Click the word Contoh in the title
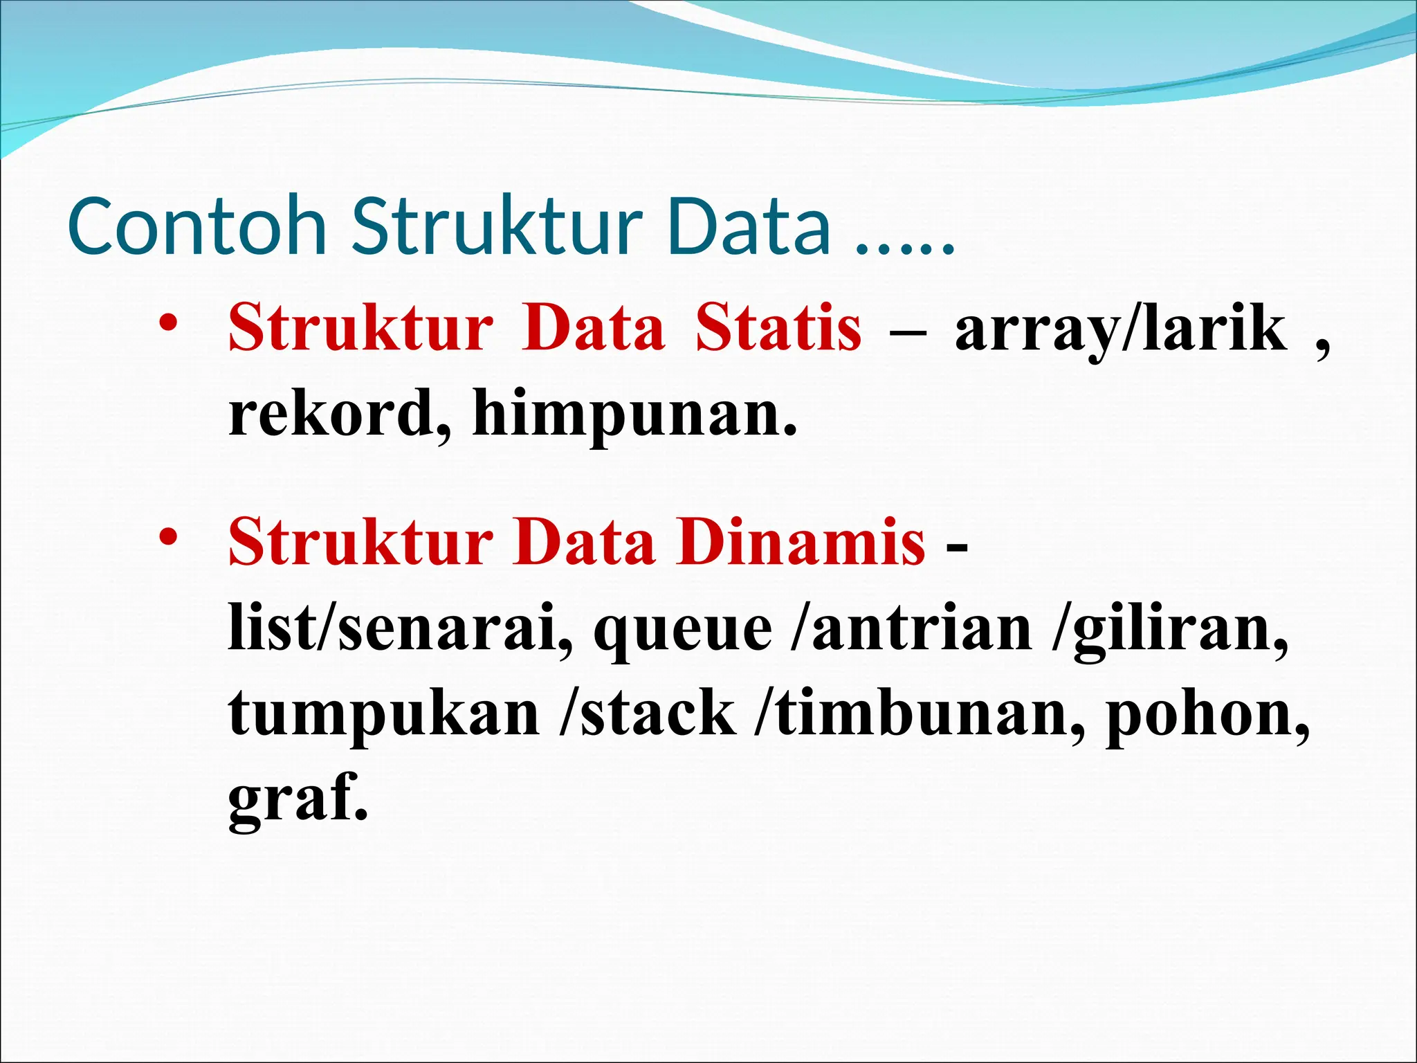(197, 226)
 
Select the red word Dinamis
(801, 542)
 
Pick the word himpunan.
(634, 415)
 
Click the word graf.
(298, 799)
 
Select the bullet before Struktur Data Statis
(169, 324)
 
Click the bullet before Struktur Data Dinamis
(169, 537)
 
